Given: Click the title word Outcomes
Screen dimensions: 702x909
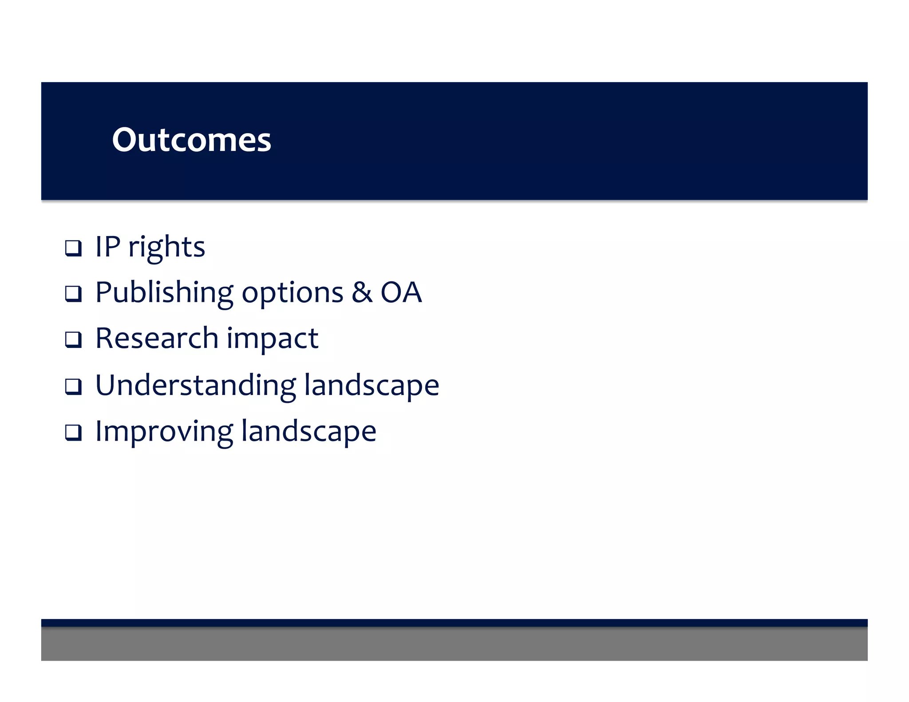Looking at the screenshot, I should click(191, 140).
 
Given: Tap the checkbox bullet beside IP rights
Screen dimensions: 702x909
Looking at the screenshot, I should click(73, 248).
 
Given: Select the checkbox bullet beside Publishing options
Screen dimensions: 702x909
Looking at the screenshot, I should click(73, 294).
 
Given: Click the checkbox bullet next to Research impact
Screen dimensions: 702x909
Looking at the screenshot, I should click(73, 340).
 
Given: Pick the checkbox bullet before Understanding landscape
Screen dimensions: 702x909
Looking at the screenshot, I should click(73, 386).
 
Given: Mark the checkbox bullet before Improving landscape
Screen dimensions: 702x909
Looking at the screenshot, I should click(73, 432).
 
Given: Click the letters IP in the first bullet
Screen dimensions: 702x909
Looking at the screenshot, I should click(108, 247).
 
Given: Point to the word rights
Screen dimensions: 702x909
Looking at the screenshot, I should click(167, 248).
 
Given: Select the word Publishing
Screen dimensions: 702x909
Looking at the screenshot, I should click(164, 293).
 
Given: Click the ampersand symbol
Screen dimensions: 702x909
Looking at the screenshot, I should click(362, 292).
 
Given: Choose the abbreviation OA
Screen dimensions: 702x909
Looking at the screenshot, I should click(401, 292).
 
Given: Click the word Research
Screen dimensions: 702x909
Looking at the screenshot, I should click(157, 338).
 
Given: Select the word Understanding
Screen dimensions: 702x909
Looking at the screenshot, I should click(196, 385).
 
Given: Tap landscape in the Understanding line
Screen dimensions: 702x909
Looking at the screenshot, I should click(372, 385).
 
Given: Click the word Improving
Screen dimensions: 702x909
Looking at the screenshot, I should click(164, 432).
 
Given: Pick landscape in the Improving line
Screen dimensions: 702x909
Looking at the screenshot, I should click(309, 432).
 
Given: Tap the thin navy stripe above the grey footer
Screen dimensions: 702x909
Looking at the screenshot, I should click(454, 623).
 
